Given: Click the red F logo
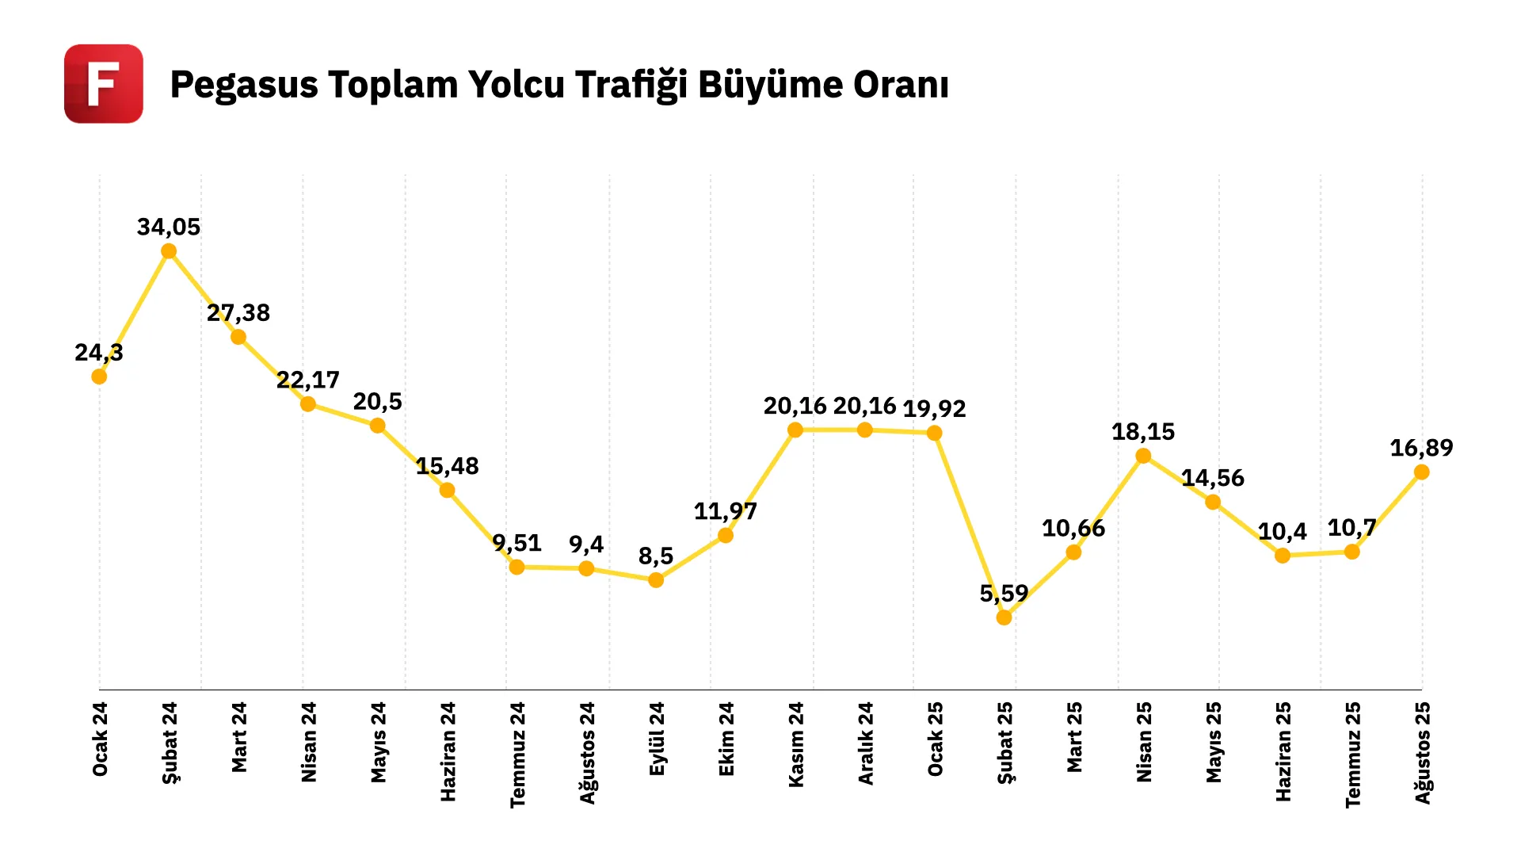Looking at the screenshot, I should pos(104,84).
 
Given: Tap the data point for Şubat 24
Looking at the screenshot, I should pos(169,251).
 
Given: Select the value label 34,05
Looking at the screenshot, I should pos(169,227).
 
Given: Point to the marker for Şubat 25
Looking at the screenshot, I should pos(1004,617).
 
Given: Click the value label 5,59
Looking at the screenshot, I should pos(1004,594).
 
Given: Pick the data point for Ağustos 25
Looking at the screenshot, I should pos(1422,472).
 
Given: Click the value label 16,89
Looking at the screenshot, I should pos(1422,449).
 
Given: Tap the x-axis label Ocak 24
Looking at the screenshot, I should pos(100,739).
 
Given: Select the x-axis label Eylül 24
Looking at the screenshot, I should pos(657,739).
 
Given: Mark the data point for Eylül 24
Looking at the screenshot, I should pos(656,580).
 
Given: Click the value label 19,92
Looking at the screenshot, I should pos(935,409).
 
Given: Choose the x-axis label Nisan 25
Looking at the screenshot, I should pos(1144,742).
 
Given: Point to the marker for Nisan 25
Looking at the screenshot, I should pos(1143,456).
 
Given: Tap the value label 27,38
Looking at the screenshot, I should pos(238,313).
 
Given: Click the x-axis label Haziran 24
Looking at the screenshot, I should pos(448,751).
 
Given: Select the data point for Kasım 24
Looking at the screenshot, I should pos(795,430).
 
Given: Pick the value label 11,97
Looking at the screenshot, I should pos(726,511).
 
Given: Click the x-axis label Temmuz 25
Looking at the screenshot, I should pos(1353,755).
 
